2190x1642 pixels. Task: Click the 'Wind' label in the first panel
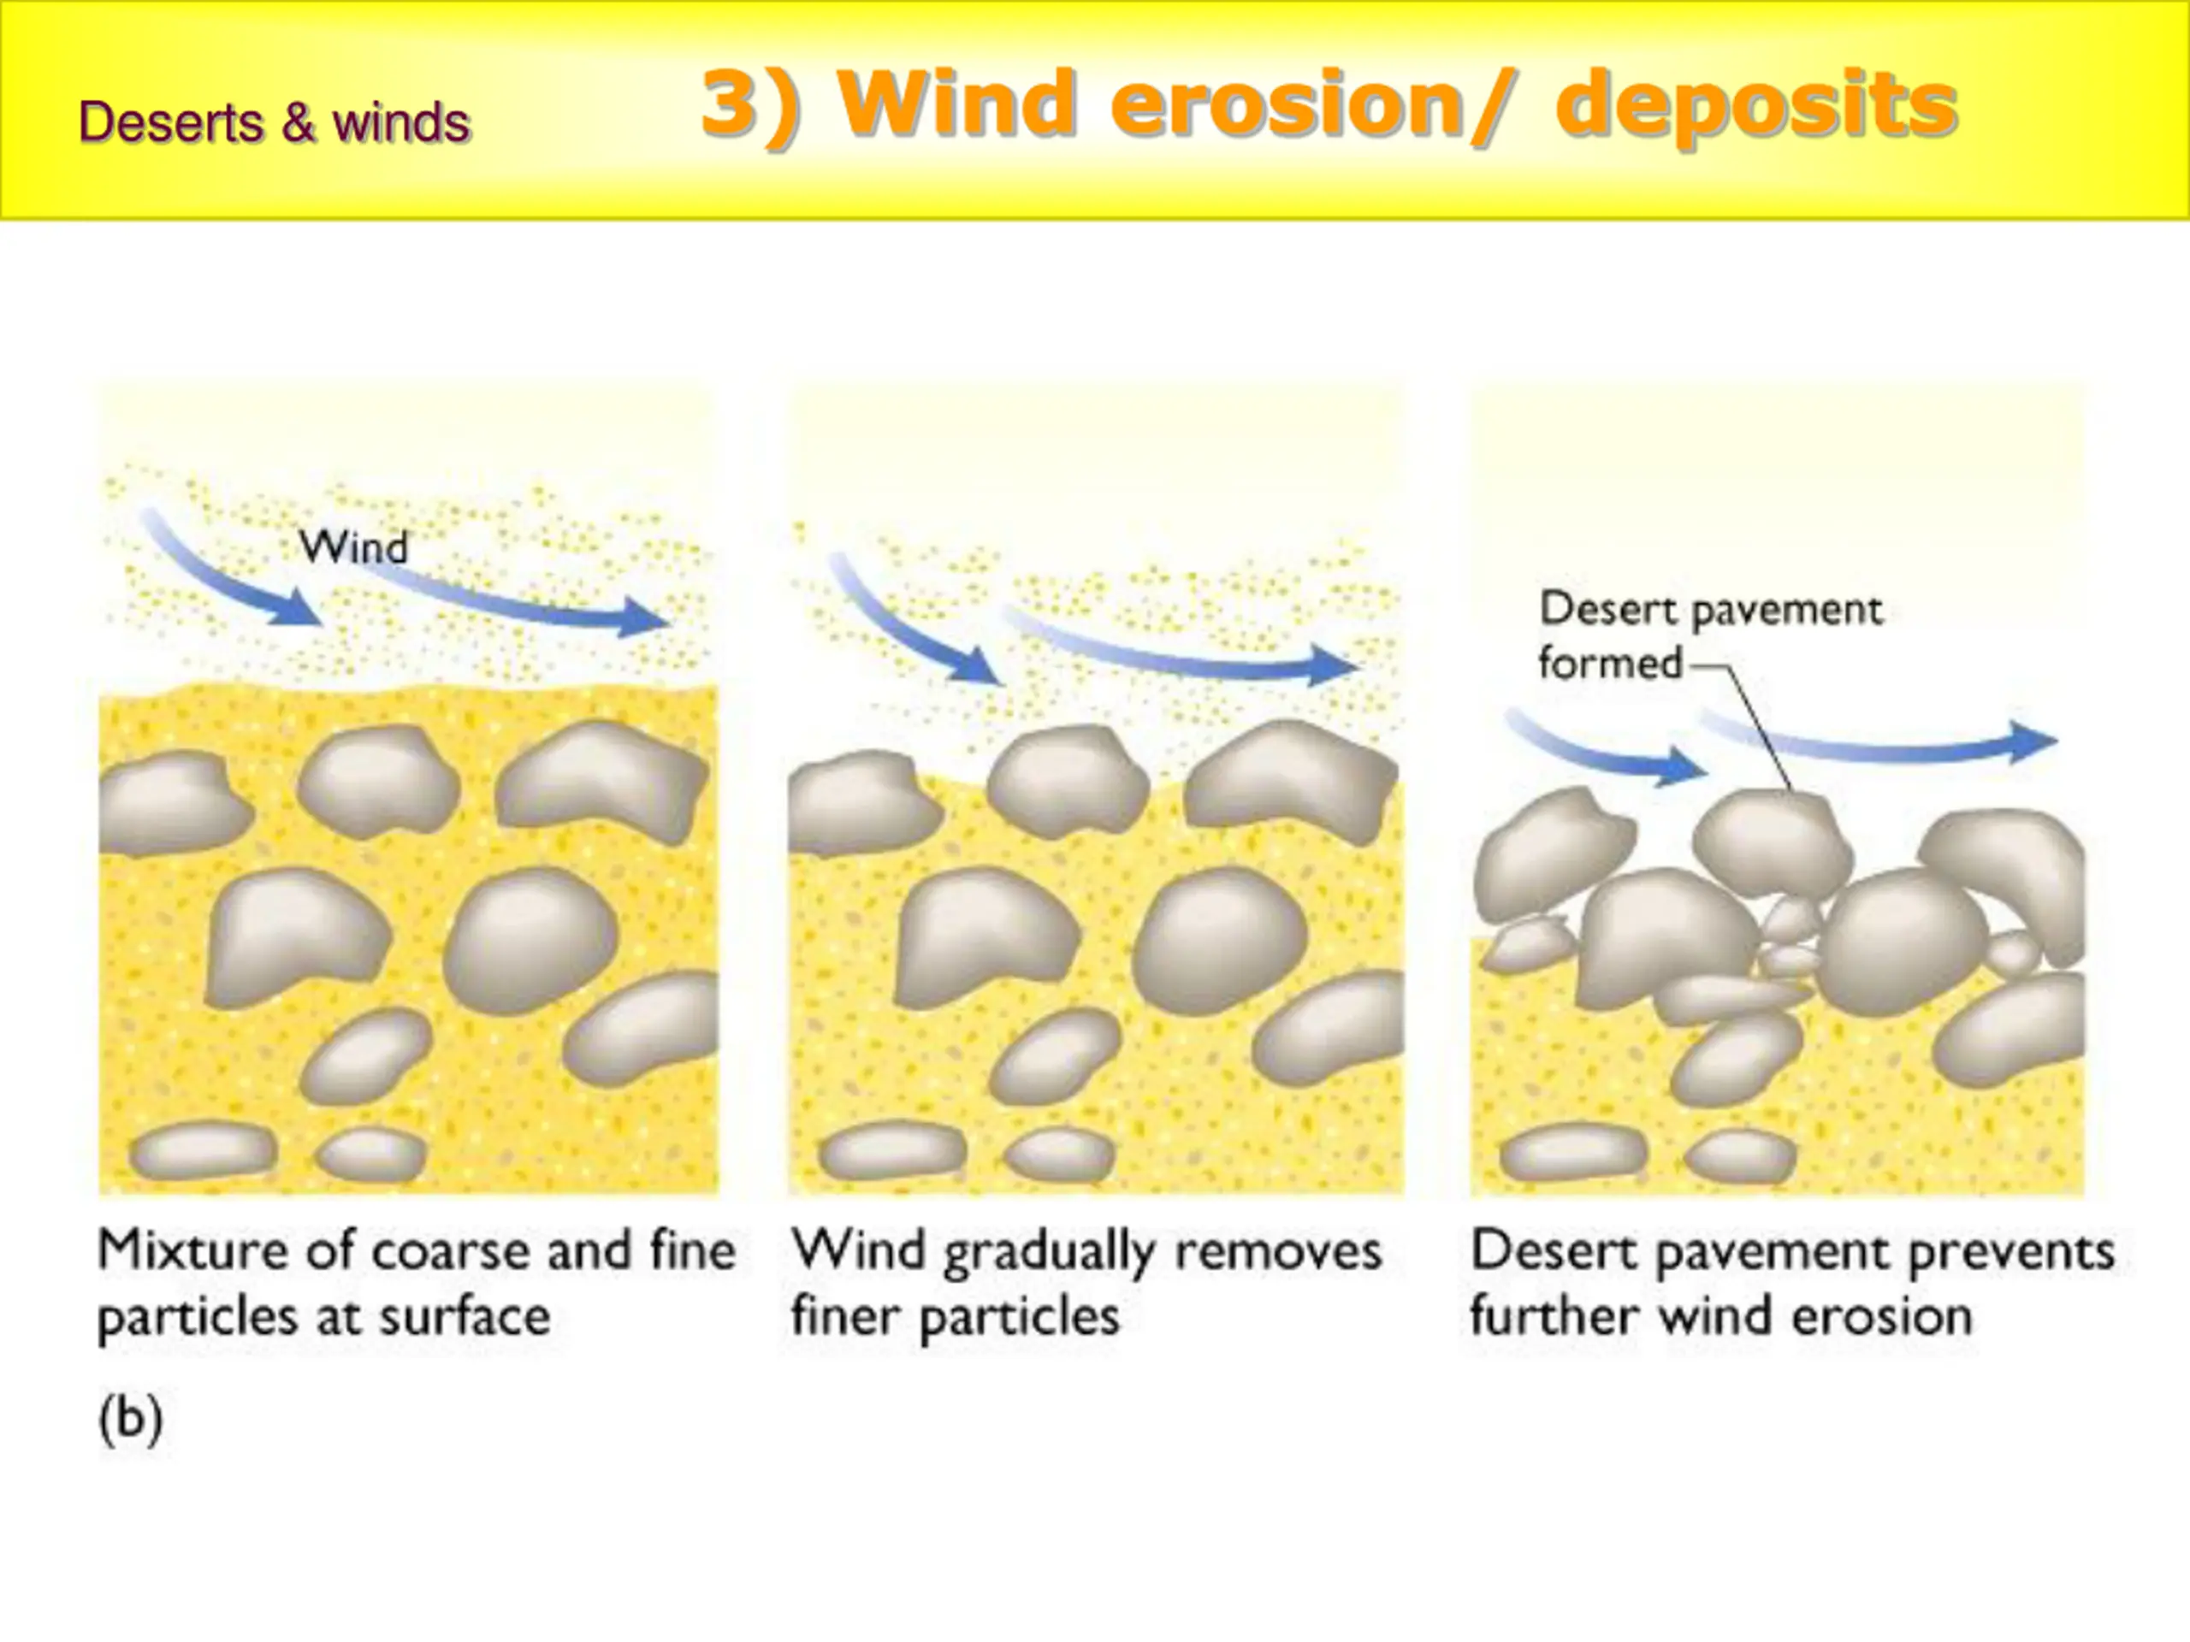353,547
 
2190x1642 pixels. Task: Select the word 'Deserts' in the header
170,123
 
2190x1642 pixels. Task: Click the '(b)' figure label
131,1420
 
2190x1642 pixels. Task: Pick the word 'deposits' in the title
1755,106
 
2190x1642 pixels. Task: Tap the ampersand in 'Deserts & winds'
297,123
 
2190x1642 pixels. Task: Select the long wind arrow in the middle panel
1178,653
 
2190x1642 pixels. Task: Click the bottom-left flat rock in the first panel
203,1151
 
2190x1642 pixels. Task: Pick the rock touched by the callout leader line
1770,842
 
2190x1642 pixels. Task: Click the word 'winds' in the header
401,123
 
